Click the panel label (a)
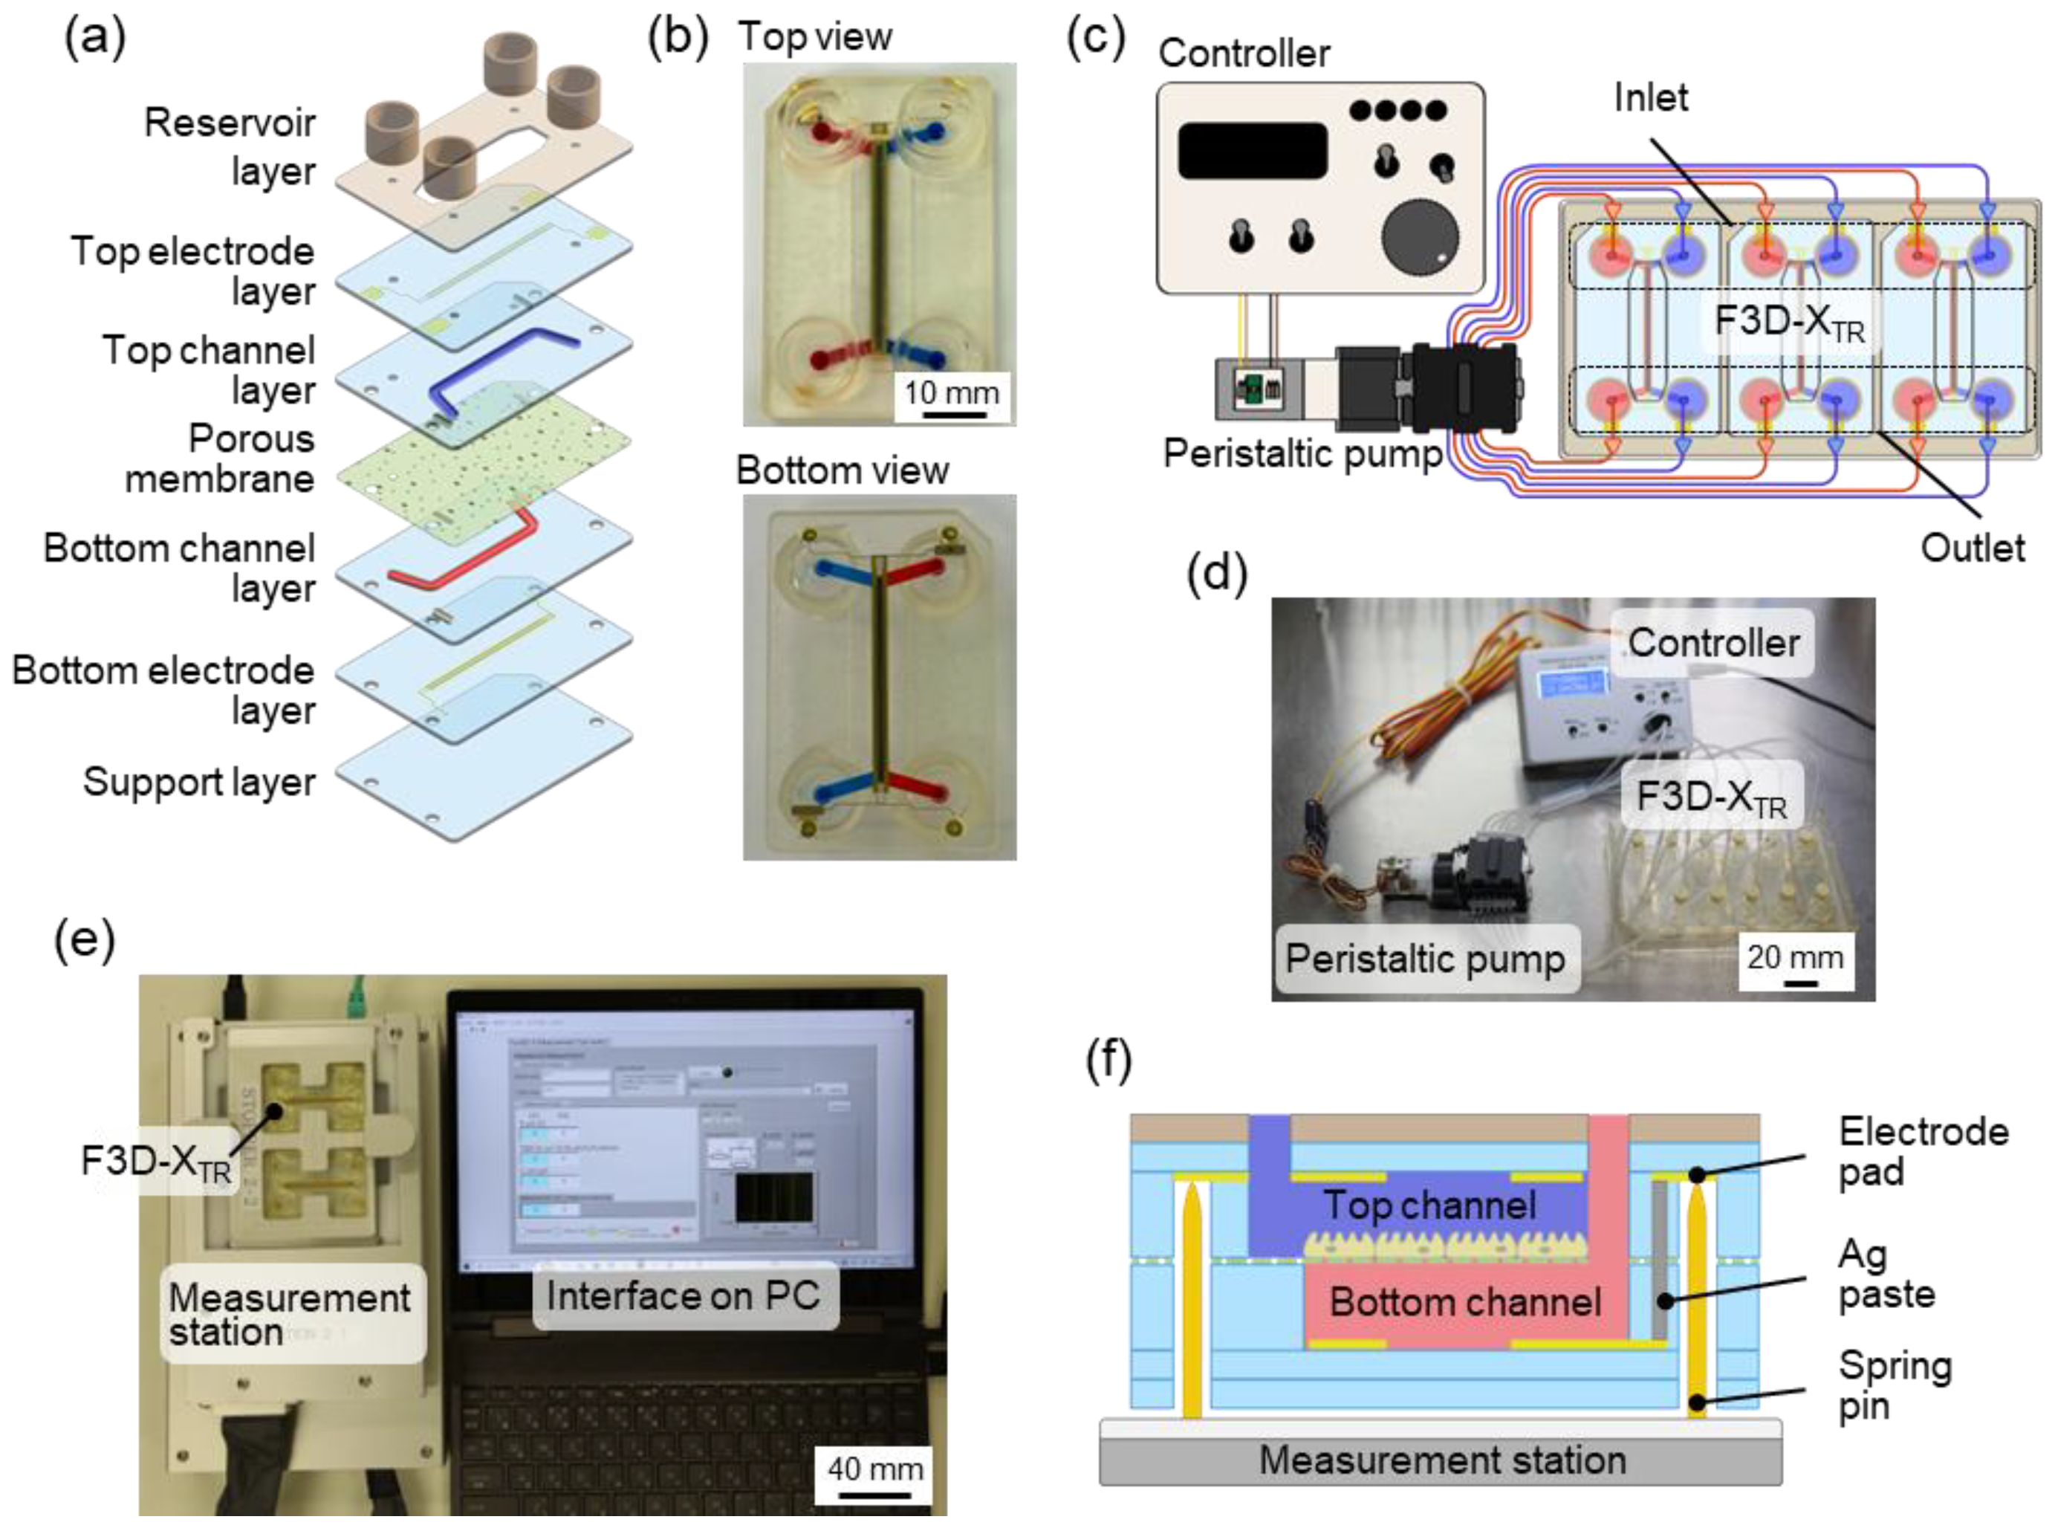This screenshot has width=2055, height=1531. tap(94, 39)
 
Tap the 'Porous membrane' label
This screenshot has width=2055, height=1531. tap(221, 459)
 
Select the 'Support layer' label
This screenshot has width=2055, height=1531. tap(199, 781)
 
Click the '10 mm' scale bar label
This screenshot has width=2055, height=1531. tap(952, 393)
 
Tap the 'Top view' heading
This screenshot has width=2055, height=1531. tap(815, 37)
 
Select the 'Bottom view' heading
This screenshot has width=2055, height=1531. tap(843, 470)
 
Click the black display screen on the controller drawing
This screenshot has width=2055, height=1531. tap(1252, 151)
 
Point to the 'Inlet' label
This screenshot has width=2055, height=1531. tap(1651, 97)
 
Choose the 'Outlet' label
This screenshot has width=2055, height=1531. tap(1973, 548)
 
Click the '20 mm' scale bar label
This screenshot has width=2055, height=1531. tap(1796, 957)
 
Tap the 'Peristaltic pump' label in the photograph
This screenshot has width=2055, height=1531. tap(1425, 958)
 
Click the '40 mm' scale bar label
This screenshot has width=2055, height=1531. tap(875, 1469)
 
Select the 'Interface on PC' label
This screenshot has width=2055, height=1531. tap(684, 1295)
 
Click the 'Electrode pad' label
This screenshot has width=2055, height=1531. tap(1923, 1151)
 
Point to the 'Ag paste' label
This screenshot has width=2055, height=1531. tap(1886, 1275)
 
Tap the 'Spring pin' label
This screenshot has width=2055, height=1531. tap(1895, 1385)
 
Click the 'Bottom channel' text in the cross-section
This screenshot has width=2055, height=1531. tap(1465, 1302)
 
